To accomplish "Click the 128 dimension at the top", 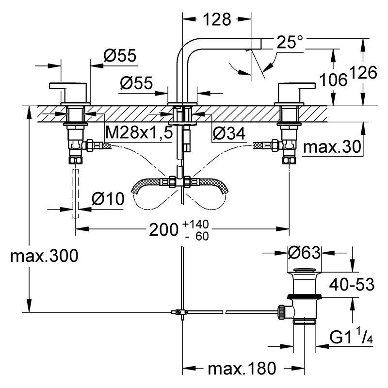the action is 217,19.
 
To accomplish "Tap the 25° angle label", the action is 290,42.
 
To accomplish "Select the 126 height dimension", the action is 363,72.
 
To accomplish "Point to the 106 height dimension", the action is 333,80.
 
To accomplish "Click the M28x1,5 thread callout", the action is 139,132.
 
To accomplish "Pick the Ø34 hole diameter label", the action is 229,133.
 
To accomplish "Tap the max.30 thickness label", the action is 332,147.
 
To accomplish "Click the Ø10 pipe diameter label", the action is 108,199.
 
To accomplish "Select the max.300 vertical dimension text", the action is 44,256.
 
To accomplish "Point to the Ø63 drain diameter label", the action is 305,253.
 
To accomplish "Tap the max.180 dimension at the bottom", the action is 242,369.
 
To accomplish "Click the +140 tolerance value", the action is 195,224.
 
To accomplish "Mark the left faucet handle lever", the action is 68,86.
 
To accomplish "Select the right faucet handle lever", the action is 297,86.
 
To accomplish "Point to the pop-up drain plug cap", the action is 305,270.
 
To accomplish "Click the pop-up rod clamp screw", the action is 179,312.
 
